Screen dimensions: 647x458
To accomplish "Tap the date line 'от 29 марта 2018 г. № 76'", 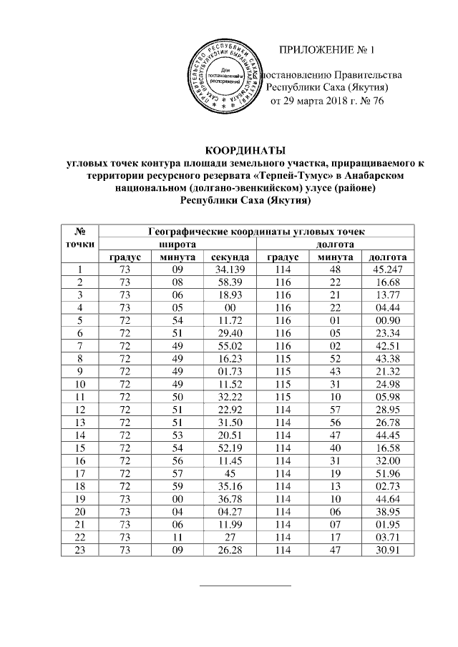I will pos(326,101).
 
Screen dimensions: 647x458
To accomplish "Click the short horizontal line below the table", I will pos(245,586).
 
